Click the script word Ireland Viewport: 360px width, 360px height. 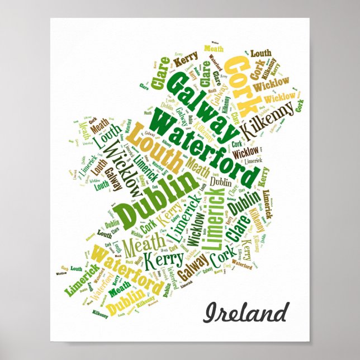click(247, 312)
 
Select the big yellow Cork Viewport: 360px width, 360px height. click(245, 84)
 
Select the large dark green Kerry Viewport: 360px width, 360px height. click(163, 259)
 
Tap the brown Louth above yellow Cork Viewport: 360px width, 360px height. click(260, 54)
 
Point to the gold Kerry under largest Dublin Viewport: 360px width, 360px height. click(168, 220)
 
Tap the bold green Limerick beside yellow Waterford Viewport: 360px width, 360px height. click(83, 278)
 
